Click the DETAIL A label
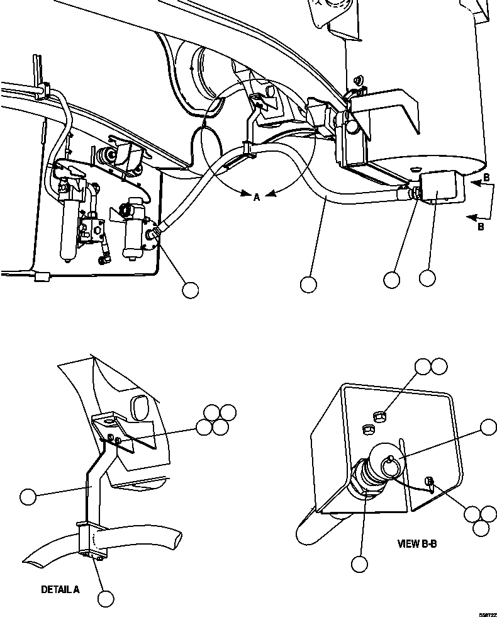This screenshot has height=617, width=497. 60,590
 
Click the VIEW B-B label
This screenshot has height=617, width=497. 416,543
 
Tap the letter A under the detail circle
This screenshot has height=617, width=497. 257,198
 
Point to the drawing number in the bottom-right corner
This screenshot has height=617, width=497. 486,613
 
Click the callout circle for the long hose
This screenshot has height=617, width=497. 308,285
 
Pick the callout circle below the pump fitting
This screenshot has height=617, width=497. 189,290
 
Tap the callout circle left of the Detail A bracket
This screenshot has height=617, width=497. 28,497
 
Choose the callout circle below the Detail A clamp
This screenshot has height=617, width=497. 106,597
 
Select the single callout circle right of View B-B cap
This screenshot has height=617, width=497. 488,427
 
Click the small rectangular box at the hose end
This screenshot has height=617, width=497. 443,188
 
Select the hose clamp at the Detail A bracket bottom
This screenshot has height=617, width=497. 92,541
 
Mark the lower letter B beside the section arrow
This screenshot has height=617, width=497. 481,227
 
